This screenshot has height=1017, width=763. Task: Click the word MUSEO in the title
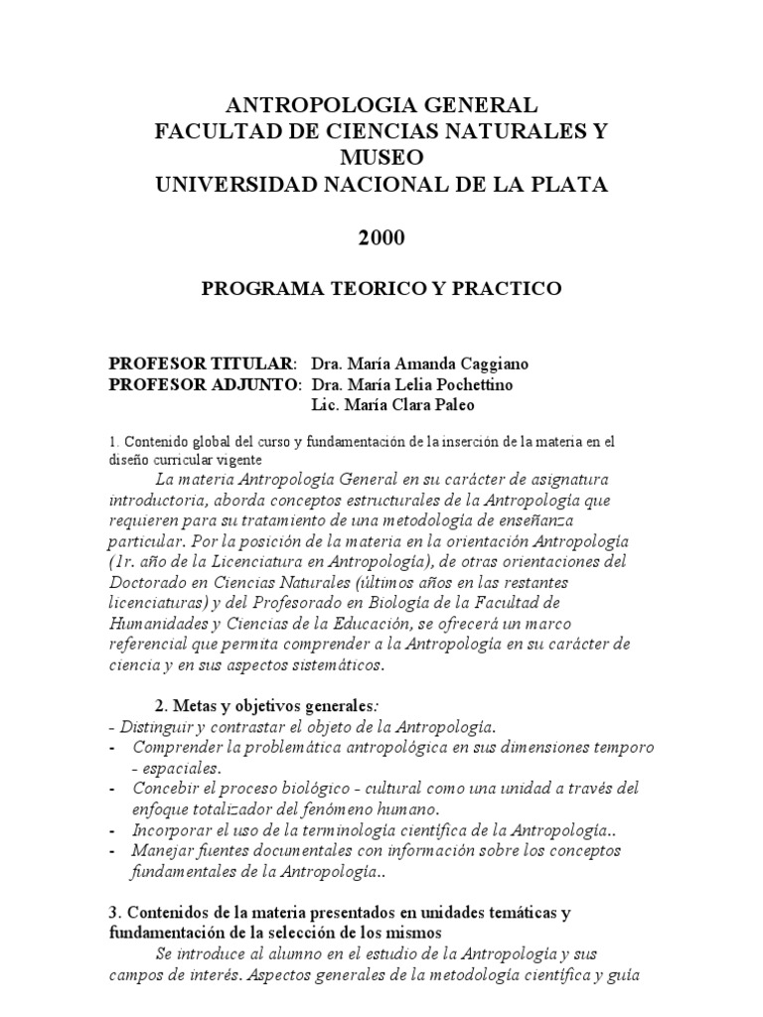[x=381, y=157]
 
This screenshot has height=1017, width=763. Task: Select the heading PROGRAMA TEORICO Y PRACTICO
[x=381, y=288]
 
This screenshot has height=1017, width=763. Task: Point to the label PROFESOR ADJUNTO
[x=204, y=384]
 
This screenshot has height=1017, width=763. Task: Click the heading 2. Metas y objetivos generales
[x=255, y=705]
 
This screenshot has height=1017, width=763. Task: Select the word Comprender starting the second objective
[x=182, y=747]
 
